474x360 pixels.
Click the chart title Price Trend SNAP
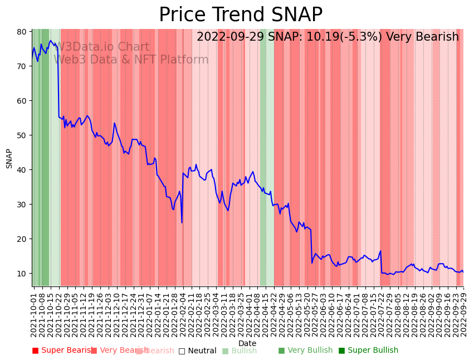coord(241,15)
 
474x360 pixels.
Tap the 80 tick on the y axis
coord(22,32)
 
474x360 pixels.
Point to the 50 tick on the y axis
coord(22,135)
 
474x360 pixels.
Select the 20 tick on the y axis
coord(22,239)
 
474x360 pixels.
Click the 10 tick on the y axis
coord(22,274)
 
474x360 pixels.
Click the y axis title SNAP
coord(9,158)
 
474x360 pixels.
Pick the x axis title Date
coord(247,343)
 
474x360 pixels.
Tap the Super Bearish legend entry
coord(61,351)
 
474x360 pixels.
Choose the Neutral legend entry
coord(197,351)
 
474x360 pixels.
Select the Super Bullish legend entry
coord(368,351)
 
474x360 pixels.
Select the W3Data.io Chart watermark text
coord(104,47)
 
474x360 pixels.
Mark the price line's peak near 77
coord(51,41)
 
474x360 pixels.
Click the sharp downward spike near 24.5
coord(182,223)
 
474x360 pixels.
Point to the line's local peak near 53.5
coord(114,123)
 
